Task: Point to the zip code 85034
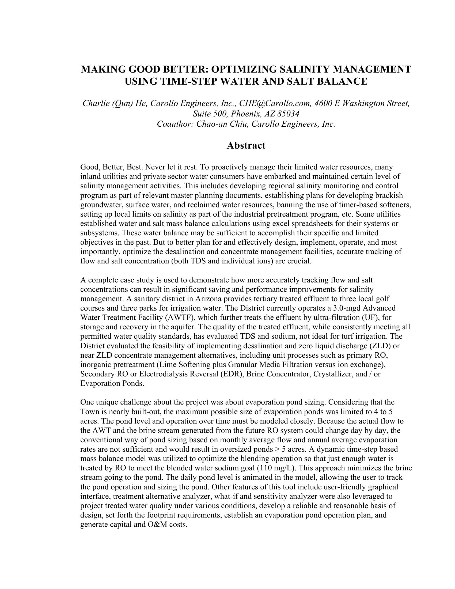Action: (289, 114)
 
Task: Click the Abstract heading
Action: (246, 145)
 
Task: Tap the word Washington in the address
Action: (362, 103)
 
